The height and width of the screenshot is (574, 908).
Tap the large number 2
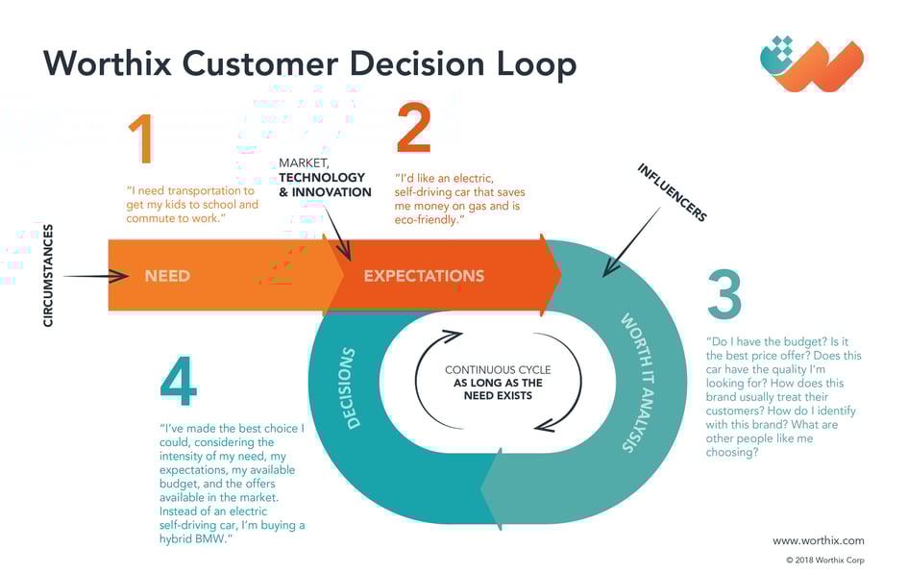[x=414, y=128]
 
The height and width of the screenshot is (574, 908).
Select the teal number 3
[x=724, y=294]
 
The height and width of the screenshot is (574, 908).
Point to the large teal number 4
[x=179, y=381]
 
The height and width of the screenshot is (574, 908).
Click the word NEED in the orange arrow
[x=167, y=276]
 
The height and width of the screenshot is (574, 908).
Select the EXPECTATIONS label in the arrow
[x=424, y=276]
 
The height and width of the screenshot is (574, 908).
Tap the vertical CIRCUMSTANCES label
[x=48, y=276]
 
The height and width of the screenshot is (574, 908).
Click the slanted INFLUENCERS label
[x=673, y=192]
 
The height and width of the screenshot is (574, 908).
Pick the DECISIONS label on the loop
[x=351, y=388]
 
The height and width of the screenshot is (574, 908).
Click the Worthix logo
[x=812, y=63]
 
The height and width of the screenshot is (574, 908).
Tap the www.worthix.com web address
[x=819, y=540]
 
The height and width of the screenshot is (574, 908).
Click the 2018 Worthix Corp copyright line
[x=825, y=561]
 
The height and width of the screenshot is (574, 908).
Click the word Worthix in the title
[x=107, y=62]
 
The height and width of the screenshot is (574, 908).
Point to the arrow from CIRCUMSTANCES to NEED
[x=96, y=276]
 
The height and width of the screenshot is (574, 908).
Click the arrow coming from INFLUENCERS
[x=631, y=242]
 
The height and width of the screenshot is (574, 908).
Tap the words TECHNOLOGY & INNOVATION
[x=325, y=185]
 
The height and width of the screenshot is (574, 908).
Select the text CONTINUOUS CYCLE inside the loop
[x=498, y=369]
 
